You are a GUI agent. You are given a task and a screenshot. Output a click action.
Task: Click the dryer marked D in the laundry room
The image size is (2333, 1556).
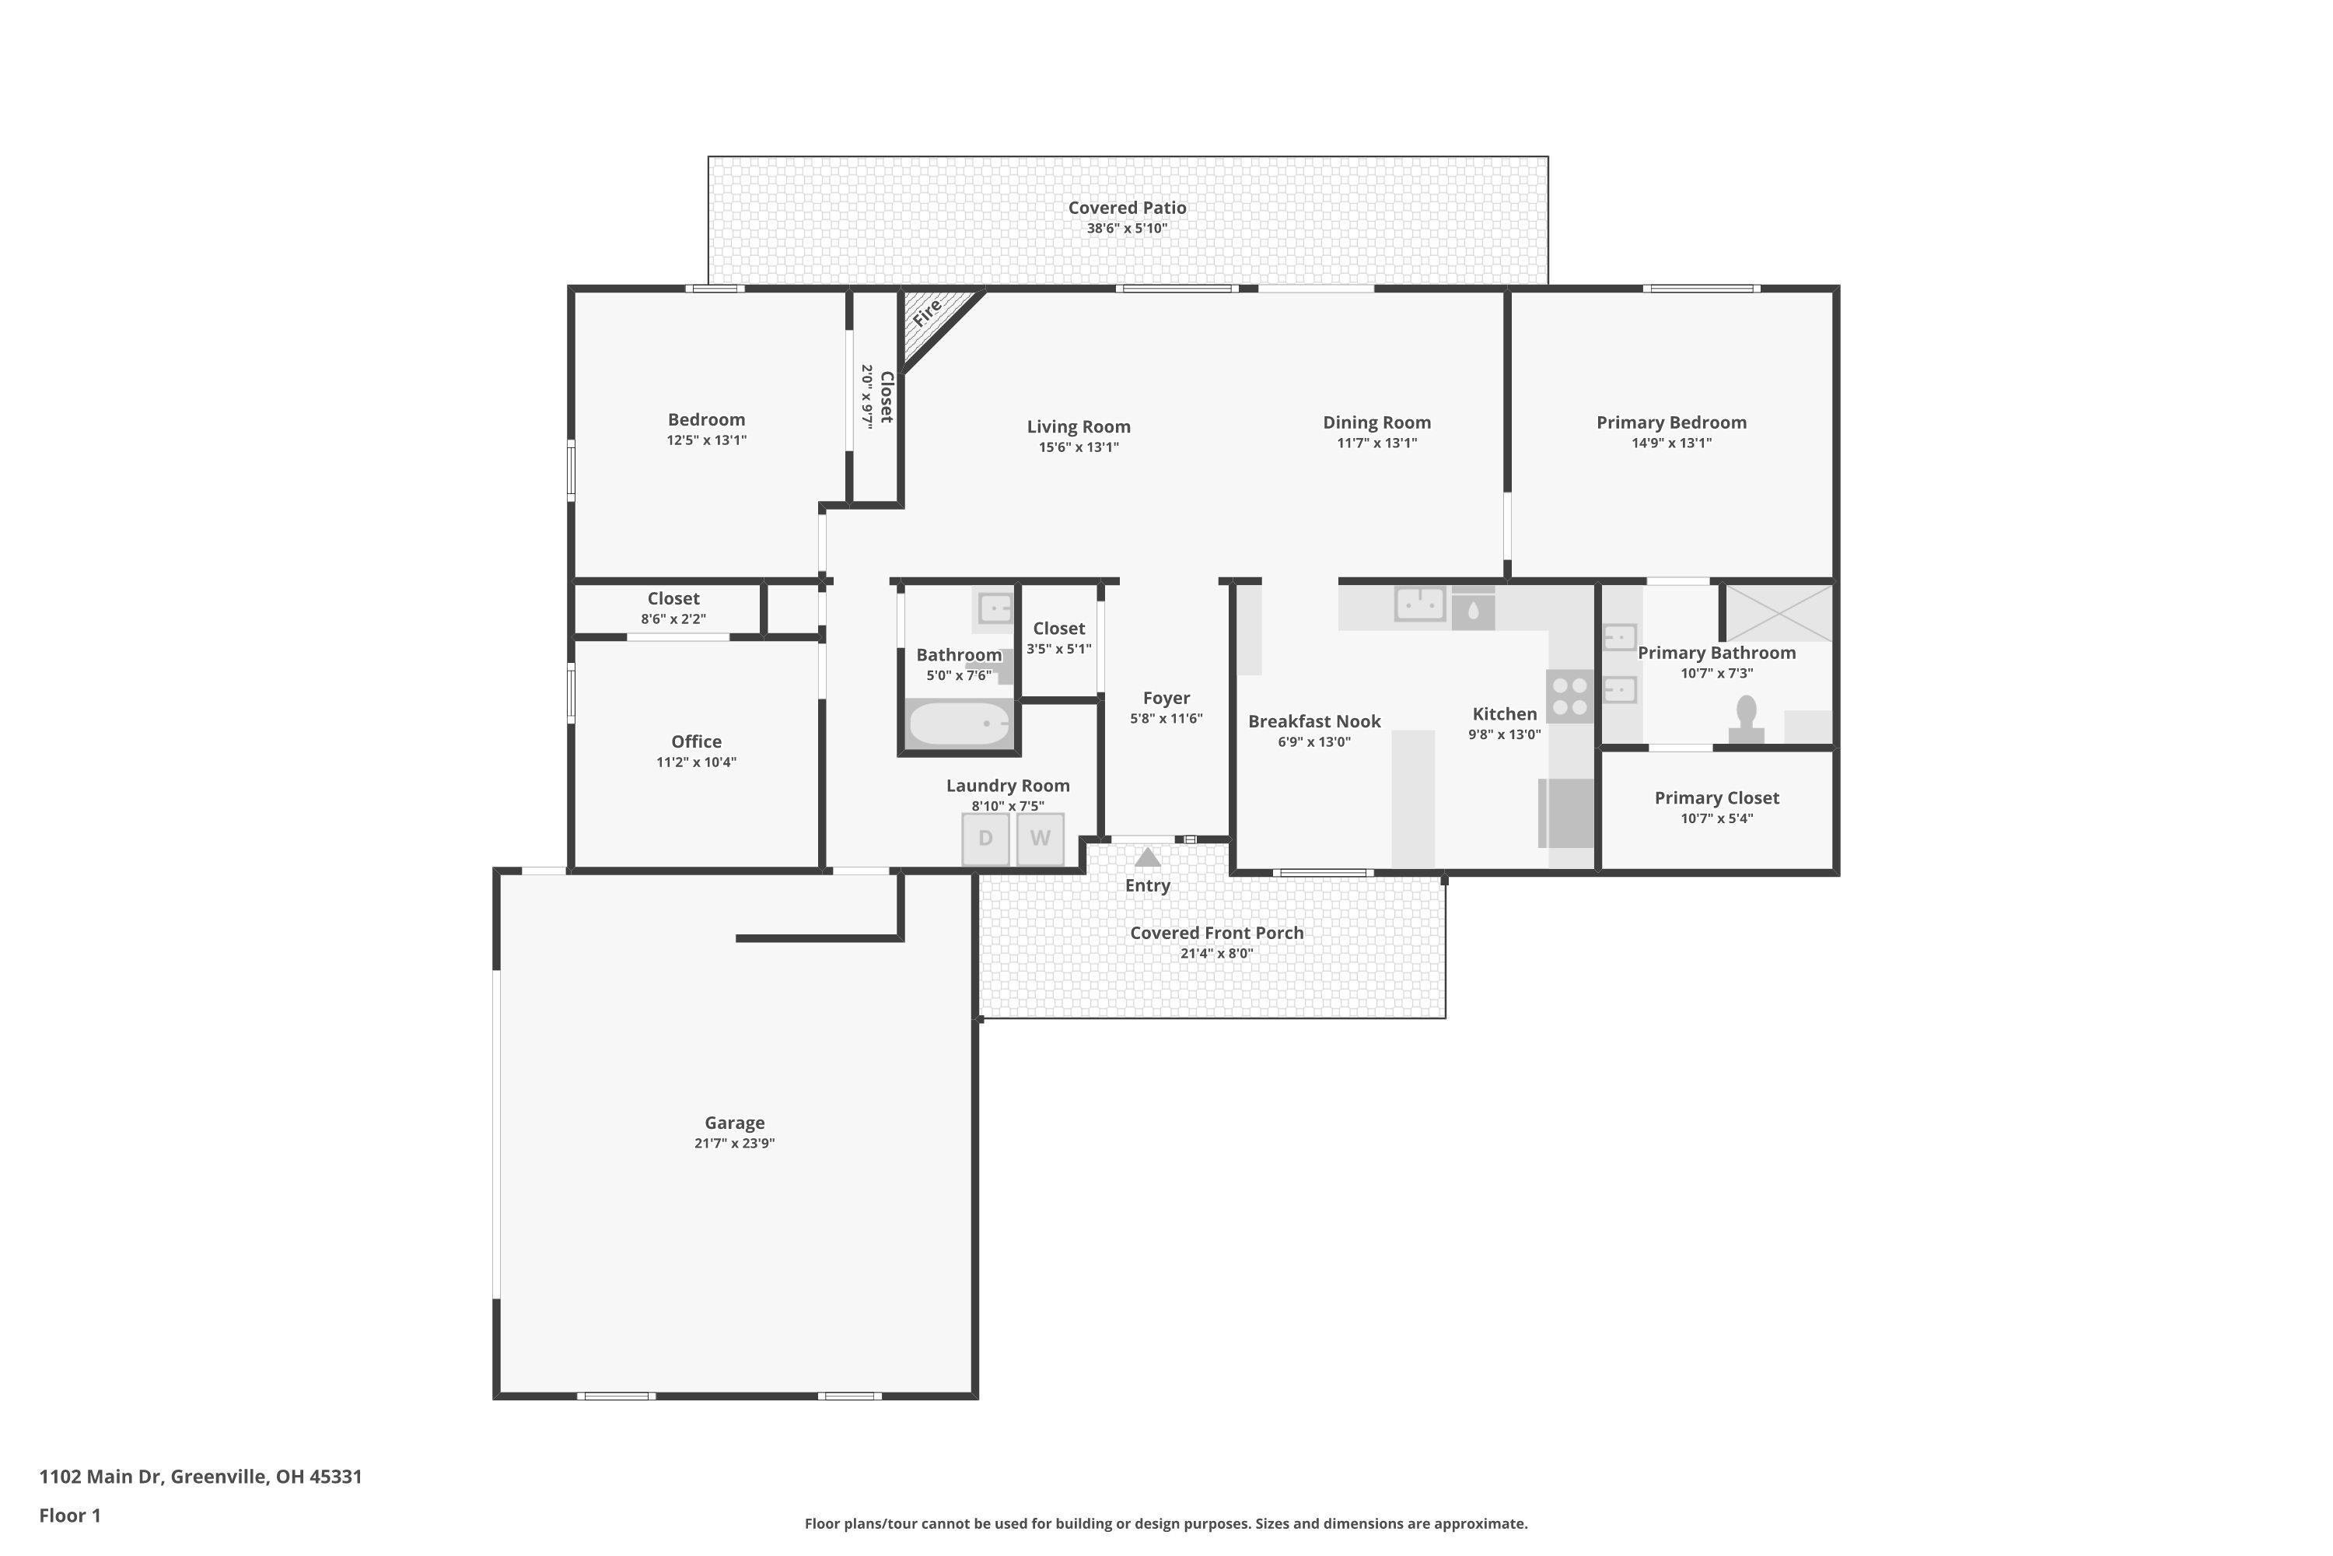tap(985, 839)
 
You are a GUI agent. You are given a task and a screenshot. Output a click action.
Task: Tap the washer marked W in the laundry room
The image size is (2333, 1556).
tap(1040, 839)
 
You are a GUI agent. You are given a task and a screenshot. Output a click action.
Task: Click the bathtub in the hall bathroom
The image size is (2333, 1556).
tap(958, 724)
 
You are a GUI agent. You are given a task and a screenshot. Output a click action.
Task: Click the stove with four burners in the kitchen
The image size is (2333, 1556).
tap(1569, 696)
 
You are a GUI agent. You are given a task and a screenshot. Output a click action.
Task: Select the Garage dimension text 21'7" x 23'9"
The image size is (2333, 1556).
tap(734, 1143)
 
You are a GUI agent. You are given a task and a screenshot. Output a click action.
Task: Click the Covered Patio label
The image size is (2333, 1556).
tap(1127, 208)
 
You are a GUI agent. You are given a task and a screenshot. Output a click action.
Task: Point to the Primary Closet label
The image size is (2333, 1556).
tap(1716, 798)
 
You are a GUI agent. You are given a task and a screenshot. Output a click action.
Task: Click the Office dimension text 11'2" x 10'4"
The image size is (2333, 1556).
tap(695, 762)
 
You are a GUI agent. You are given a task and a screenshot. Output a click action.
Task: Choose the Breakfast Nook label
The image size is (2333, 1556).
tap(1313, 721)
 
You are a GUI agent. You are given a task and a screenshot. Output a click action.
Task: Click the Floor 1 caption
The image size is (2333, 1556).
tap(69, 1516)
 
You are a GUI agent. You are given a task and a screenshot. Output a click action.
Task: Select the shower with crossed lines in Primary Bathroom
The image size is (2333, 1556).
tap(1779, 612)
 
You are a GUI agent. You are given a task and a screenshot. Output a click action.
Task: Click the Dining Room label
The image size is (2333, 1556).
tap(1376, 422)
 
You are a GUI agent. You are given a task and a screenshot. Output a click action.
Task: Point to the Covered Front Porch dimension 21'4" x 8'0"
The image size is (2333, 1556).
tap(1216, 954)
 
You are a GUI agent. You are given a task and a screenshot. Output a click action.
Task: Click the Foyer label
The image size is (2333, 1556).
tap(1166, 698)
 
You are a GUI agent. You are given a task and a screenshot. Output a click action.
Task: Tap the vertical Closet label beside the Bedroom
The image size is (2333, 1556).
tap(887, 396)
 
